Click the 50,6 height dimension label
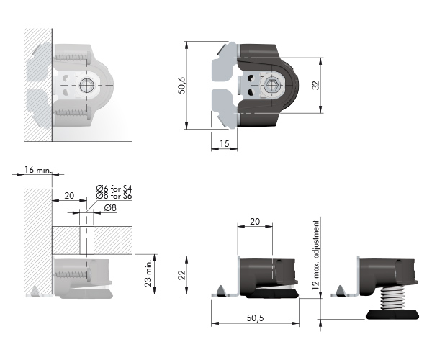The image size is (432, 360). tap(182, 86)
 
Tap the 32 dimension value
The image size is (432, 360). tap(316, 85)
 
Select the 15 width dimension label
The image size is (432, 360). tap(225, 143)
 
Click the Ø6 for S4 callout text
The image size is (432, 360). tap(114, 189)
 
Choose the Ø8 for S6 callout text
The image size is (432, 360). tap(114, 196)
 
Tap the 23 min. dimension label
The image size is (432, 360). tap(148, 274)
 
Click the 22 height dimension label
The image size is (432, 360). tap(182, 274)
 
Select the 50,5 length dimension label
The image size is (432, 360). tap(255, 318)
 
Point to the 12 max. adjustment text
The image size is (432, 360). tap(316, 255)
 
